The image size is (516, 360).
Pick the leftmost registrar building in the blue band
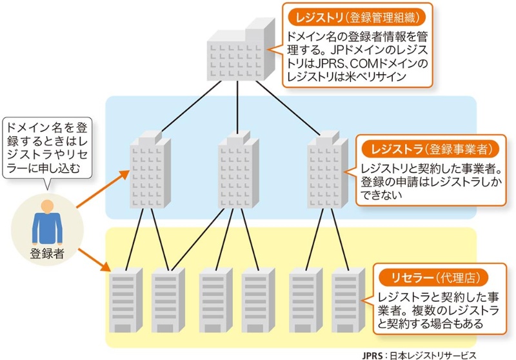[148, 174]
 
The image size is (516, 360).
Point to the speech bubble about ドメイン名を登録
[46, 148]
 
